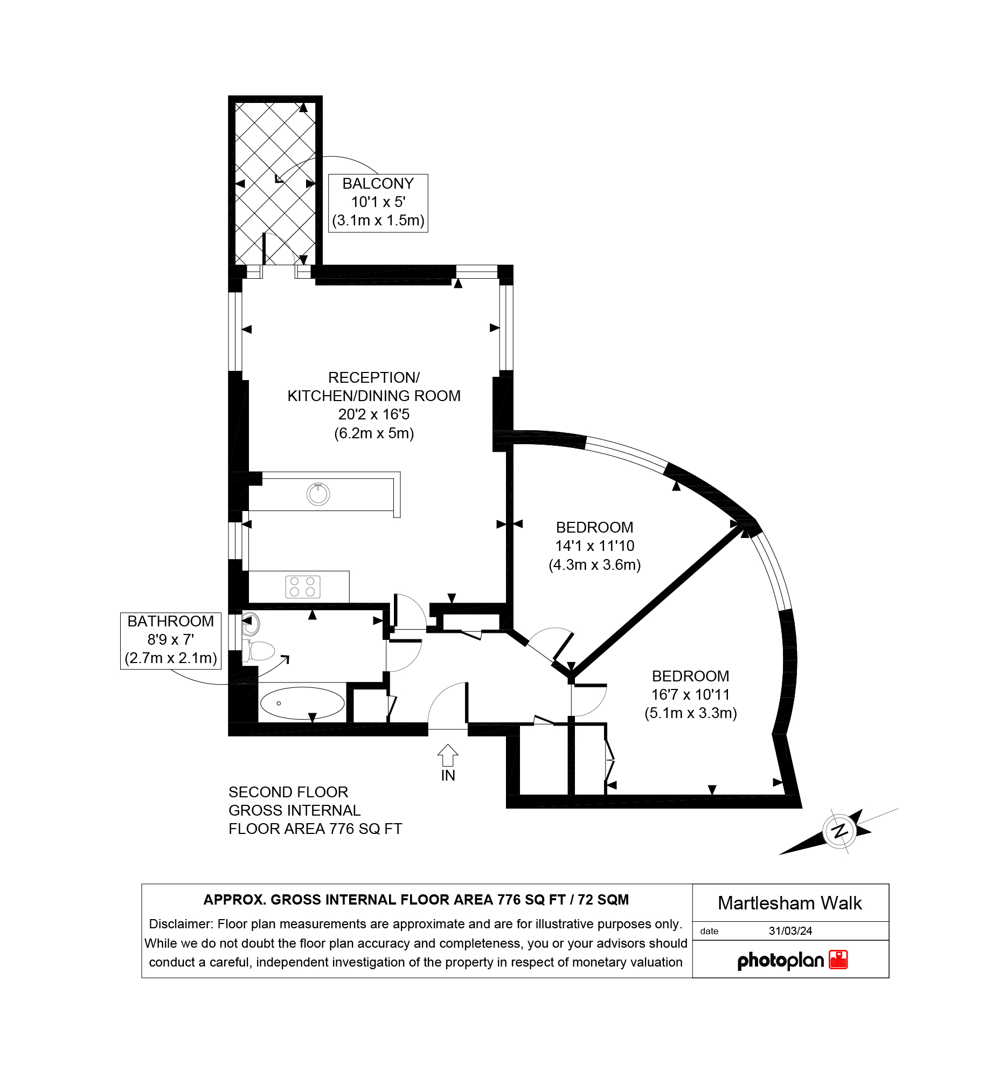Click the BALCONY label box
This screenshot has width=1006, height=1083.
[378, 203]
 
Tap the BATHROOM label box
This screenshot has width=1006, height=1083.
[170, 641]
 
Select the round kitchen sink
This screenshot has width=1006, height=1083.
[318, 494]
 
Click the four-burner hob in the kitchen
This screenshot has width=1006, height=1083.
[303, 587]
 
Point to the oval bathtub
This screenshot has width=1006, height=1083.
[302, 703]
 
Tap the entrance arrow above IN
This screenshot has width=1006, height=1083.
[447, 755]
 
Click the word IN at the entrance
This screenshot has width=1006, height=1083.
[448, 775]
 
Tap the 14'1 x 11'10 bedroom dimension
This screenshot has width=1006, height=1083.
[594, 546]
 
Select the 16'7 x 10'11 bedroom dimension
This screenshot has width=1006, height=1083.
[690, 694]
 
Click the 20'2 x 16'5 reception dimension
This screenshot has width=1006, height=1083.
[374, 415]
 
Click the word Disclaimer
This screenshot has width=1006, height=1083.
[180, 924]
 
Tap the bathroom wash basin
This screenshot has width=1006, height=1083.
[251, 625]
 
